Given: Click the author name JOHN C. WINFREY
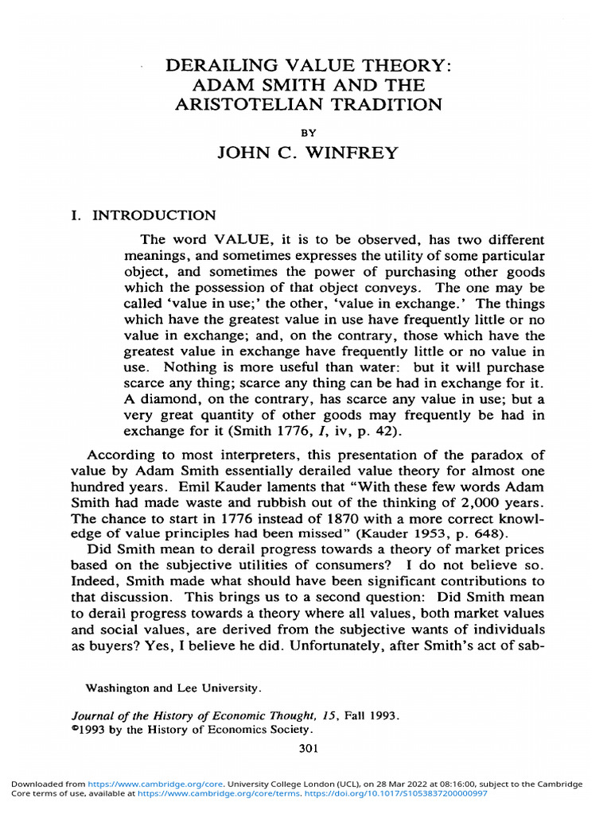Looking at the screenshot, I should click(307, 153).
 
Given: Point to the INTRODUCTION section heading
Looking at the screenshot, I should click(154, 215).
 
